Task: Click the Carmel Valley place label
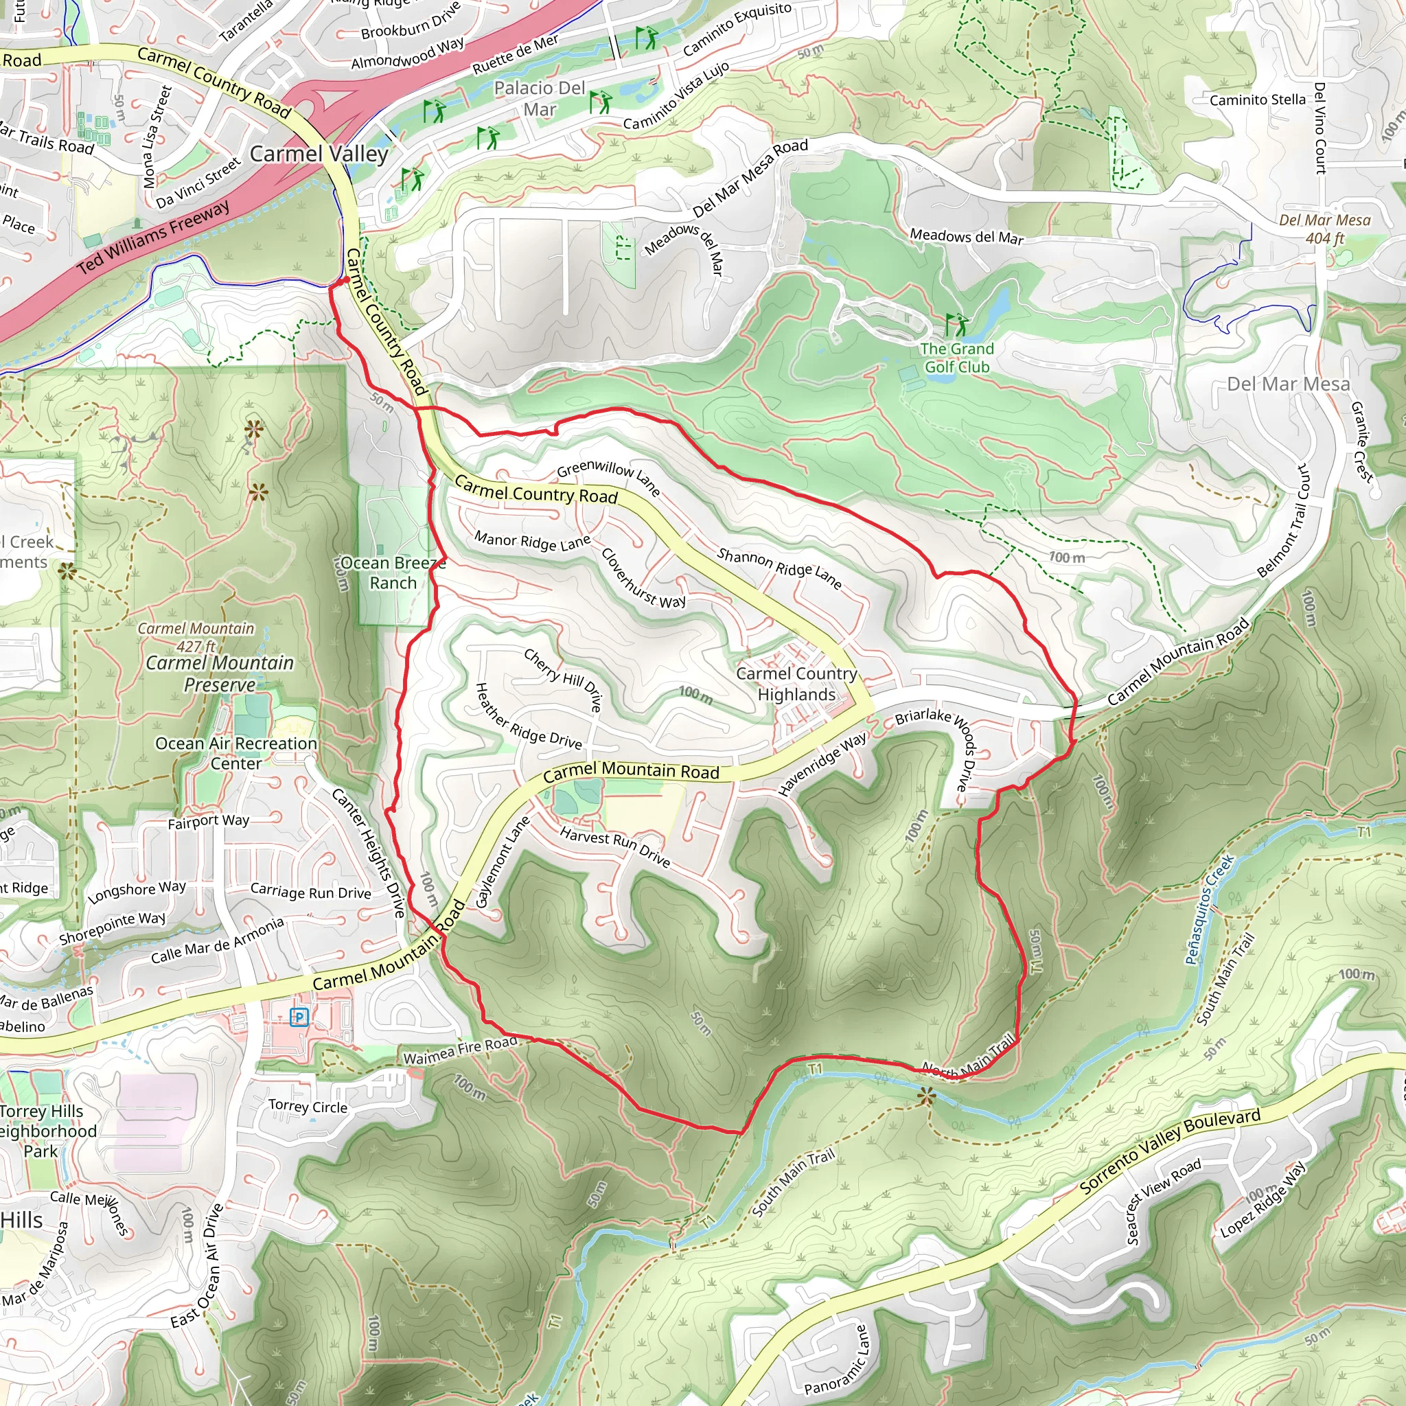click(319, 154)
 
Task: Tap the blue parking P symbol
click(299, 1017)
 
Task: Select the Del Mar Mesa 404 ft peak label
click(1324, 229)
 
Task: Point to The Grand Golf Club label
click(956, 357)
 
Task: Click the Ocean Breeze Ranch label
click(393, 573)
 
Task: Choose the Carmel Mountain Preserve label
click(220, 673)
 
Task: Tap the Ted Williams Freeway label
click(154, 238)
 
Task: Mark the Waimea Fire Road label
click(460, 1051)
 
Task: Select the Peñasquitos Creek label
click(1209, 910)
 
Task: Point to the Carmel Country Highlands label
click(796, 683)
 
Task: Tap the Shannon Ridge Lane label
click(779, 568)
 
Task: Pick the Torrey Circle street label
click(308, 1106)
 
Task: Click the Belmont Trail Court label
click(1287, 521)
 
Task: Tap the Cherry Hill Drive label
click(563, 680)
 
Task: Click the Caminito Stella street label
click(1257, 100)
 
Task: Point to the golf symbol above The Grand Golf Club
click(956, 325)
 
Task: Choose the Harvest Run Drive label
click(615, 846)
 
